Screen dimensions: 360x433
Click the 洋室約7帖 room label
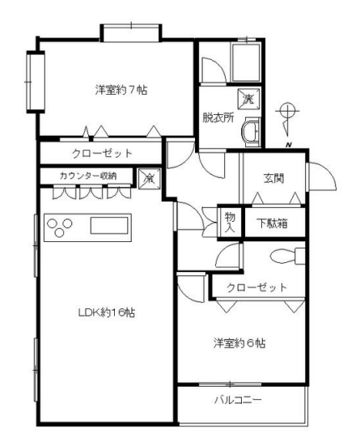(121, 90)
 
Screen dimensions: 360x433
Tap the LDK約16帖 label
(107, 312)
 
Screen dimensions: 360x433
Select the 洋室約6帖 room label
(239, 343)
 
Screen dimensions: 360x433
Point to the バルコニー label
(238, 400)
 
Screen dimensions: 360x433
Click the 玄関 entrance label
(273, 178)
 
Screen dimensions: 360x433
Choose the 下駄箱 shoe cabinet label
(272, 223)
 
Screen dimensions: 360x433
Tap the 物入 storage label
(230, 223)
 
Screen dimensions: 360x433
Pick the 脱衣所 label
(218, 117)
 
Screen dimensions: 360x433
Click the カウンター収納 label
(88, 176)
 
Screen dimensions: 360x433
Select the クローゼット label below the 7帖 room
(102, 153)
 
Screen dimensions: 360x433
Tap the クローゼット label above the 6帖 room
(256, 288)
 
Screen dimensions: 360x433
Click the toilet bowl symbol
(288, 257)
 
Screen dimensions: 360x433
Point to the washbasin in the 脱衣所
(251, 132)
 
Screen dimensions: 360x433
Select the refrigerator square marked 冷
(150, 179)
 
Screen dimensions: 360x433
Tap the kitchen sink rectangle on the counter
(109, 226)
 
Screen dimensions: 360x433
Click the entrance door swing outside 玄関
(323, 176)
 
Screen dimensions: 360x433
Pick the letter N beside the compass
(289, 144)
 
